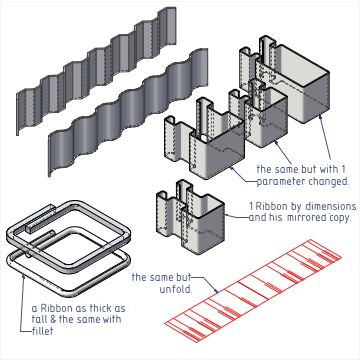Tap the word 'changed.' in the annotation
click(328, 181)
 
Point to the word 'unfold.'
click(176, 289)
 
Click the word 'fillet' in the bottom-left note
click(43, 331)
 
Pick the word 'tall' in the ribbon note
click(38, 319)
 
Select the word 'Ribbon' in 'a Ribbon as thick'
click(56, 308)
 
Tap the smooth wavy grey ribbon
click(128, 112)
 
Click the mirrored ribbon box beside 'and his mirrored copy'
click(190, 217)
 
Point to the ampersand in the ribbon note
click(52, 319)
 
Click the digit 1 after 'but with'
click(344, 169)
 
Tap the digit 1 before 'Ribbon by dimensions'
click(251, 207)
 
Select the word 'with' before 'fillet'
click(111, 319)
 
